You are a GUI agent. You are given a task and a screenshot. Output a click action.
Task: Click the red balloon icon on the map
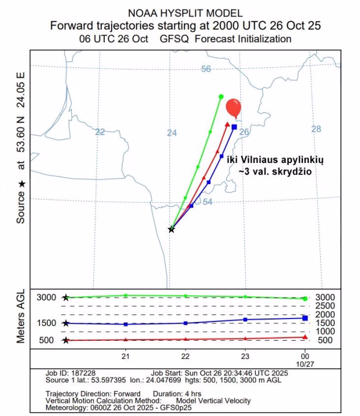(x=234, y=107)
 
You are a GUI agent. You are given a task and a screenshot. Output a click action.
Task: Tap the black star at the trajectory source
(x=171, y=229)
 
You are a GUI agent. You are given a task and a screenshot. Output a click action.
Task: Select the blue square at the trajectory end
(x=234, y=127)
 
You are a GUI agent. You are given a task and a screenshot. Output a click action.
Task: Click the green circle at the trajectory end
(x=221, y=96)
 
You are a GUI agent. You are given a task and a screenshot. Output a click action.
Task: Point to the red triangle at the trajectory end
(x=227, y=123)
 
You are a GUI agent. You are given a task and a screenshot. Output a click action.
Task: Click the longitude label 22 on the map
(x=100, y=132)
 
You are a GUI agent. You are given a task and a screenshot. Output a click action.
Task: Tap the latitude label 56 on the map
(x=206, y=69)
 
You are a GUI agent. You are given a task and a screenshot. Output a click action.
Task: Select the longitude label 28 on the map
(x=316, y=129)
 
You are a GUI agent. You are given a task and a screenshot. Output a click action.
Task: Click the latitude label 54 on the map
(x=207, y=202)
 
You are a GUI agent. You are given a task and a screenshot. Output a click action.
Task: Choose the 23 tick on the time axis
(x=245, y=356)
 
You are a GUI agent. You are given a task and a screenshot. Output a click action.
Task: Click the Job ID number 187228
(x=81, y=373)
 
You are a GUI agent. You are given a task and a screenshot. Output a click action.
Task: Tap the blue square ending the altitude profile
(x=305, y=318)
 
